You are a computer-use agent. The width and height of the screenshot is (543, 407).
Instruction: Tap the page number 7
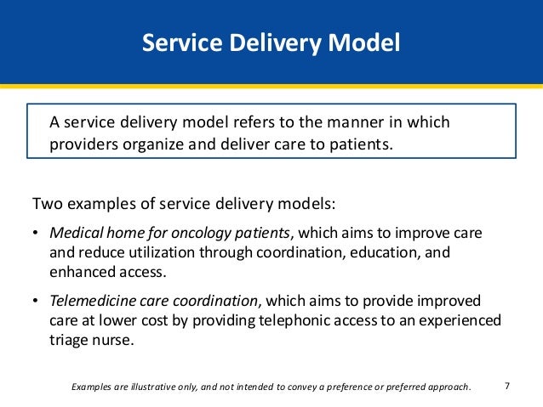[507, 386]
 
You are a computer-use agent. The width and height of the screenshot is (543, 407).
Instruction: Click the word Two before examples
[45, 205]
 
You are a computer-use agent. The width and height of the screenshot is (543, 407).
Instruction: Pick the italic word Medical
[75, 233]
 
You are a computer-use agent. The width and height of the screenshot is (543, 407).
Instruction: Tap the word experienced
[465, 320]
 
